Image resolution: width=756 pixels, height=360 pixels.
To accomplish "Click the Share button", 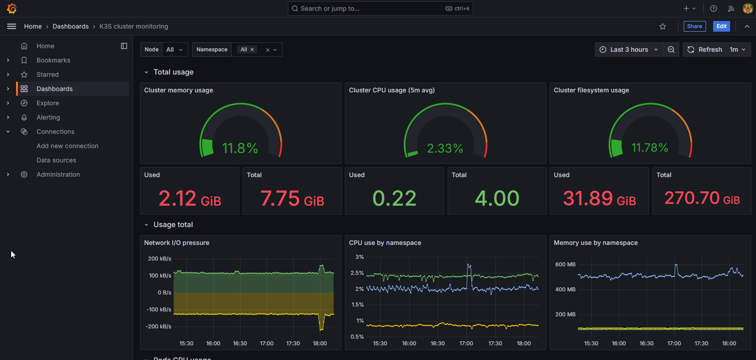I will (x=694, y=26).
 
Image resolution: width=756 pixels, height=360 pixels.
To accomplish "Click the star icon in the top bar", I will (x=663, y=26).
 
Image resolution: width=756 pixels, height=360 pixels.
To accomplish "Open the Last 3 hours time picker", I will (x=629, y=50).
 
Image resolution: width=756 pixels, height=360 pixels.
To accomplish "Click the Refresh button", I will (x=705, y=50).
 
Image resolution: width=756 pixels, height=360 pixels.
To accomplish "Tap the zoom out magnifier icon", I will (x=671, y=50).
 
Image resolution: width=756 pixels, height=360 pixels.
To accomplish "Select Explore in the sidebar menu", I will (x=48, y=103).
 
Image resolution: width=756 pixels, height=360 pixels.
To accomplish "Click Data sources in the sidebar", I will (x=56, y=160).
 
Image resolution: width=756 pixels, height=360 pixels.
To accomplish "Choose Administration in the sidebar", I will (x=58, y=174).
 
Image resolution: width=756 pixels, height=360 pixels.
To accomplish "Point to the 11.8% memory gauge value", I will (x=240, y=148).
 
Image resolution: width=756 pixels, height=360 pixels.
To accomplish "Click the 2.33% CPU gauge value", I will (x=445, y=148).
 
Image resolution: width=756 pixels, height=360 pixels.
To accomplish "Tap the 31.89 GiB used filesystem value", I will (x=599, y=198).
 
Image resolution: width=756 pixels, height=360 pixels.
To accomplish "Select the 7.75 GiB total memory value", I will (x=292, y=198).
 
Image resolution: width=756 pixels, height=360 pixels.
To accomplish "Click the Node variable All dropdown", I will (x=174, y=50).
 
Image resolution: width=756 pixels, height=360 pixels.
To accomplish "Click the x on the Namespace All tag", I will (x=252, y=50).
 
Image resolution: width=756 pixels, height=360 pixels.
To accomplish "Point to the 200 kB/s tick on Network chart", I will (x=159, y=259).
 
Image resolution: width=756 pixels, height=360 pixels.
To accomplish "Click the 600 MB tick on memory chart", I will (x=565, y=265).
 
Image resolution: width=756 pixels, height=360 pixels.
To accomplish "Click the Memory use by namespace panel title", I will (x=595, y=243).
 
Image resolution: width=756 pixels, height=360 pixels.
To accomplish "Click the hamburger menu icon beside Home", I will (x=12, y=26).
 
